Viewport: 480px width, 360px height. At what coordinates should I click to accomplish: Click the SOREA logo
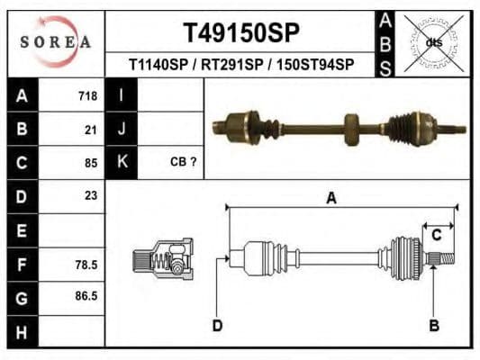[x=56, y=41]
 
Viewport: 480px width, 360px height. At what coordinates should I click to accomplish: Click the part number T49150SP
[x=240, y=33]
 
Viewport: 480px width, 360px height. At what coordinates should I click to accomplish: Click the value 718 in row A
[x=87, y=95]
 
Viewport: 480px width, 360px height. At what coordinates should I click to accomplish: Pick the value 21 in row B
[x=90, y=130]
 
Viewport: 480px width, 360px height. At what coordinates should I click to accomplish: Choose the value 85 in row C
[x=90, y=163]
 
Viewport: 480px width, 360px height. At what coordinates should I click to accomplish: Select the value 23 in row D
[x=90, y=195]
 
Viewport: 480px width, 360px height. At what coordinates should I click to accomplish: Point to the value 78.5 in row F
[x=86, y=265]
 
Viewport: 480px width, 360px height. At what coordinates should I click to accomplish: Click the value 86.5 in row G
[x=86, y=295]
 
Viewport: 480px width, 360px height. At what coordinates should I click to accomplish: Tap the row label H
[x=23, y=332]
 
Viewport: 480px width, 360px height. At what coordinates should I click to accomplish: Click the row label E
[x=23, y=230]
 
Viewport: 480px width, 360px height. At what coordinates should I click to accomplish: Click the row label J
[x=120, y=130]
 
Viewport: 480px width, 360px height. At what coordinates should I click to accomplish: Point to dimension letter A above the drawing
[x=331, y=199]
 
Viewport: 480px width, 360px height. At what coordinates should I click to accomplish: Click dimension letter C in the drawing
[x=436, y=236]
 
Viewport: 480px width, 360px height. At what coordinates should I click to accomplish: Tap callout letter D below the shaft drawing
[x=217, y=325]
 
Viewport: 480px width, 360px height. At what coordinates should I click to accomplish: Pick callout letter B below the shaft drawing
[x=434, y=325]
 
